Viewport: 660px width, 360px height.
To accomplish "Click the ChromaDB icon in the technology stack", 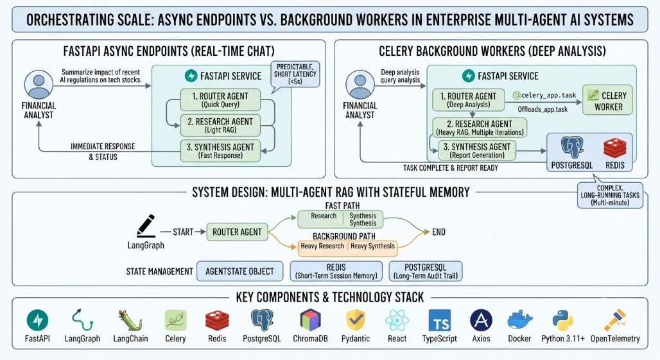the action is click(x=310, y=320).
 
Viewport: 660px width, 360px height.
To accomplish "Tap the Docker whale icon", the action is click(x=520, y=320).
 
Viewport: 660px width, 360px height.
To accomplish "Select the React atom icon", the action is click(x=397, y=320).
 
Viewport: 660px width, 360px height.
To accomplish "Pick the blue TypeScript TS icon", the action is click(x=439, y=320).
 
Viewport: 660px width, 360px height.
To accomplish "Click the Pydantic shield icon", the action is click(x=356, y=320).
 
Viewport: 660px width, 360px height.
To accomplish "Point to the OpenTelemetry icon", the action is click(x=615, y=320).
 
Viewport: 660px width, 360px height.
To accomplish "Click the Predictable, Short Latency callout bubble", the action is click(x=295, y=75).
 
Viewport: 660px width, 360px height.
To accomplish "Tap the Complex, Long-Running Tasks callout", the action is click(x=610, y=195).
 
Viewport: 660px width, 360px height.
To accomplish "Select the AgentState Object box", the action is click(x=239, y=271).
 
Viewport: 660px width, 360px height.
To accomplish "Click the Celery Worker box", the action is click(x=608, y=100).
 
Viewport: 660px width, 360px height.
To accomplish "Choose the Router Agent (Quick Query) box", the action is click(x=220, y=99).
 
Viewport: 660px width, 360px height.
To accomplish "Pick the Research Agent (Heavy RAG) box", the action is click(x=480, y=128).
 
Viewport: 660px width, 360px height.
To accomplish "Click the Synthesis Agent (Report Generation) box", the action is click(x=477, y=150).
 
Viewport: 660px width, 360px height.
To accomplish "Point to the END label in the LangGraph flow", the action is click(x=439, y=232).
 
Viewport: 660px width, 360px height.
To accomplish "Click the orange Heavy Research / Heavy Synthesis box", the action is click(x=348, y=247).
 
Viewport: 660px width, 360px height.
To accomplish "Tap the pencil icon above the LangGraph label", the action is click(x=146, y=226).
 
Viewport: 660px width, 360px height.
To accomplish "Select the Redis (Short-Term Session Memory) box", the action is click(x=336, y=271).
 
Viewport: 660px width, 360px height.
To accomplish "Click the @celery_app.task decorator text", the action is click(x=544, y=96).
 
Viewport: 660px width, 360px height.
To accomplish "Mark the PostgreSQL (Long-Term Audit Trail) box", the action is click(x=426, y=271).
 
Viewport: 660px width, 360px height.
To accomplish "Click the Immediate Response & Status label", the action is click(x=103, y=151).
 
